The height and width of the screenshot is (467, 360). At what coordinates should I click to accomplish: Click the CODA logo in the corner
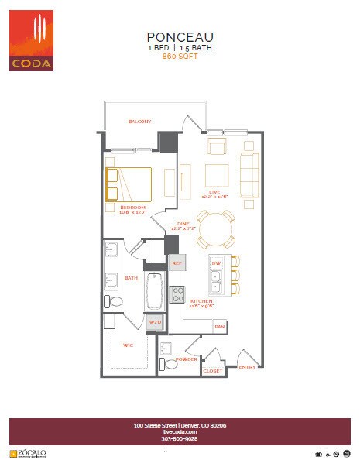pyautogui.click(x=32, y=40)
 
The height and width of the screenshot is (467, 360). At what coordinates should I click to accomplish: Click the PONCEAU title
pyautogui.click(x=180, y=36)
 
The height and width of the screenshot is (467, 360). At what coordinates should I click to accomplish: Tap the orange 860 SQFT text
pyautogui.click(x=180, y=57)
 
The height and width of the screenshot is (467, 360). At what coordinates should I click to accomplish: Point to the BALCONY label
pyautogui.click(x=139, y=122)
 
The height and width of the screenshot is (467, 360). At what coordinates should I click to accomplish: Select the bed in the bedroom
pyautogui.click(x=128, y=184)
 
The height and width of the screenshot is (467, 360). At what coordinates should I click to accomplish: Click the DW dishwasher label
pyautogui.click(x=216, y=264)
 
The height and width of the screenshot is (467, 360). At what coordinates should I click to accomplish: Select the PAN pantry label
pyautogui.click(x=219, y=327)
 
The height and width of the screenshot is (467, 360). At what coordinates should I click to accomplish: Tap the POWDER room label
pyautogui.click(x=186, y=359)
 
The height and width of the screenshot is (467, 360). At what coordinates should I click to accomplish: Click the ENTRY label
pyautogui.click(x=247, y=366)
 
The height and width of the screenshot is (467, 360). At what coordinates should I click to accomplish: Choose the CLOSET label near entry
pyautogui.click(x=213, y=371)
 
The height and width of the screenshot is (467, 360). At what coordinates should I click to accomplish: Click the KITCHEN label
pyautogui.click(x=201, y=300)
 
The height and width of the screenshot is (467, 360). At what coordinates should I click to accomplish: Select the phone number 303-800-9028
pyautogui.click(x=180, y=438)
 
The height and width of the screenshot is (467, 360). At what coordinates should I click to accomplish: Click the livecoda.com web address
pyautogui.click(x=180, y=431)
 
